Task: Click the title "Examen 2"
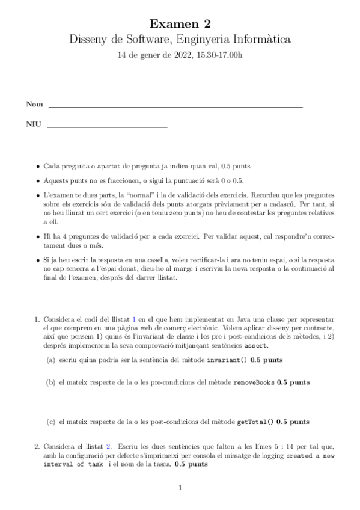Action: pyautogui.click(x=180, y=24)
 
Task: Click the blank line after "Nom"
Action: pyautogui.click(x=175, y=106)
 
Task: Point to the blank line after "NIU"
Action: pyautogui.click(x=106, y=127)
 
